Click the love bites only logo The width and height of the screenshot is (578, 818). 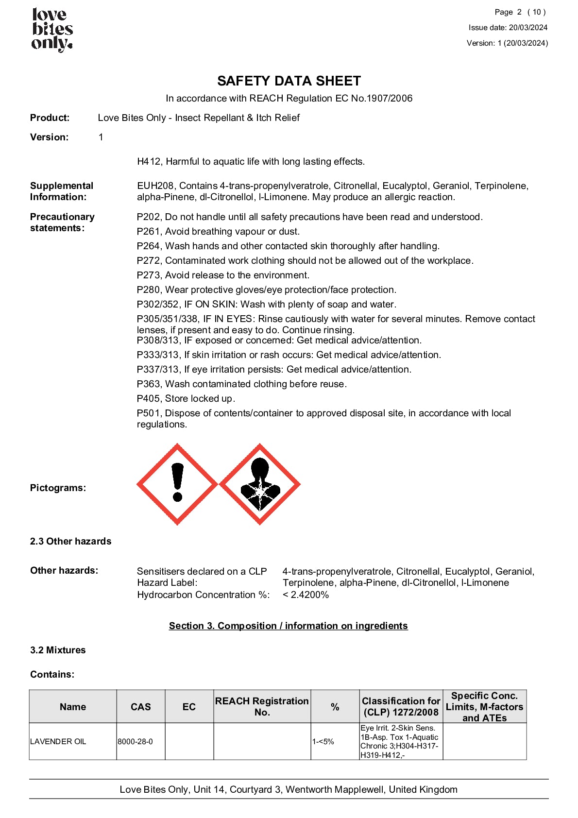click(52, 29)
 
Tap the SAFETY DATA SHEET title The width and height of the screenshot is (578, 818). click(289, 81)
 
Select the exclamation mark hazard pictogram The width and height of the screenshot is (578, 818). click(177, 484)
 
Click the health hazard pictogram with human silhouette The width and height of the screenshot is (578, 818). click(260, 484)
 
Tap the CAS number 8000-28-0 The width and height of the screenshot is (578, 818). click(135, 742)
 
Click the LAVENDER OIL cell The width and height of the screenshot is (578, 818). click(58, 742)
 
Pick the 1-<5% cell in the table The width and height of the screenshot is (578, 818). click(323, 742)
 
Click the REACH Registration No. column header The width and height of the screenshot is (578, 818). click(262, 707)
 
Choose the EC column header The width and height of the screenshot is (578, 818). click(189, 707)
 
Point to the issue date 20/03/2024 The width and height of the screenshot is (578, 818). click(528, 28)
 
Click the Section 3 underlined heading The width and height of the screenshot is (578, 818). click(288, 626)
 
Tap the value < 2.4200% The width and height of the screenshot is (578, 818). click(306, 595)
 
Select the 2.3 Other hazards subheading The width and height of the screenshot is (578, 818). click(70, 541)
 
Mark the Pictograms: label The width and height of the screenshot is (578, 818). click(58, 488)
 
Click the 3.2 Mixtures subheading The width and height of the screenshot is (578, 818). click(58, 650)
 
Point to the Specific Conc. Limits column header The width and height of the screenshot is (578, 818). click(484, 707)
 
